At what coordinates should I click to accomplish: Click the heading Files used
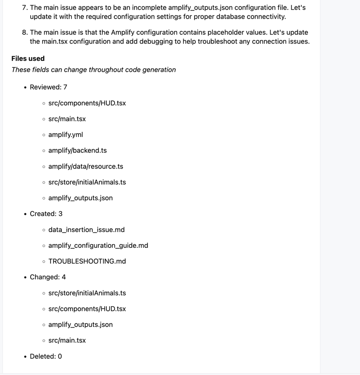[x=28, y=58]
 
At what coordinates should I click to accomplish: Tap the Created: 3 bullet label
[x=46, y=214]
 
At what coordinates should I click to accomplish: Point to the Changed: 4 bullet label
[x=48, y=277]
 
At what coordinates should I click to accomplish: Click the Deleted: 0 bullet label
[x=45, y=356]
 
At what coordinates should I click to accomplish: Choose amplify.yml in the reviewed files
[x=65, y=135]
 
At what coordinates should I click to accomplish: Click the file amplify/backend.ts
[x=77, y=150]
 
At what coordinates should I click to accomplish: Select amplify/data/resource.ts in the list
[x=85, y=166]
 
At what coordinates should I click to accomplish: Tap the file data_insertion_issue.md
[x=86, y=230]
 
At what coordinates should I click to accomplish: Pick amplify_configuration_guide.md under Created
[x=98, y=246]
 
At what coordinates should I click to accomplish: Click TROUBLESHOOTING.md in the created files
[x=87, y=261]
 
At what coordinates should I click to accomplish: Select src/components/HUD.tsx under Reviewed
[x=87, y=103]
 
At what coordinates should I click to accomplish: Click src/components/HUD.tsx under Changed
[x=87, y=309]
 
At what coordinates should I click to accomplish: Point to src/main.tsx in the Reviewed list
[x=67, y=119]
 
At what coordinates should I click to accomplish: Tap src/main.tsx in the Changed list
[x=67, y=340]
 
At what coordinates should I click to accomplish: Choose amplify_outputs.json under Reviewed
[x=80, y=198]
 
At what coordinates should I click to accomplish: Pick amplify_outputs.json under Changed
[x=80, y=324]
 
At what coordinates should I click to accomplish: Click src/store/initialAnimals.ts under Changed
[x=87, y=293]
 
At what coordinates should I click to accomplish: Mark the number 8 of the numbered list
[x=25, y=32]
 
